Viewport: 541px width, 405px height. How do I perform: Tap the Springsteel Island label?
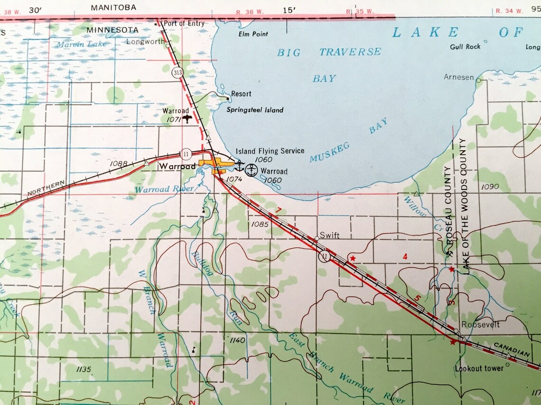[255, 110]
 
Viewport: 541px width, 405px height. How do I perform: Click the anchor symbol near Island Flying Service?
[240, 166]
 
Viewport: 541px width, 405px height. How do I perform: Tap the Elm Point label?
[253, 34]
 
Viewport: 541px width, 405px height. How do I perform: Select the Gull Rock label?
[465, 46]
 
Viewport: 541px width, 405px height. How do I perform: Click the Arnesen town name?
[459, 77]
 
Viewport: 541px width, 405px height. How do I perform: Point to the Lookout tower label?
[479, 368]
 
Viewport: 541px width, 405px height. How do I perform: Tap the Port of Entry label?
[184, 23]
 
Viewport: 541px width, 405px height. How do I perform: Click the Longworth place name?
[145, 42]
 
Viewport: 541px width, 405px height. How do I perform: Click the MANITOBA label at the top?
[113, 7]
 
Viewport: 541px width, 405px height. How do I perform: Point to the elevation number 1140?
[237, 340]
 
